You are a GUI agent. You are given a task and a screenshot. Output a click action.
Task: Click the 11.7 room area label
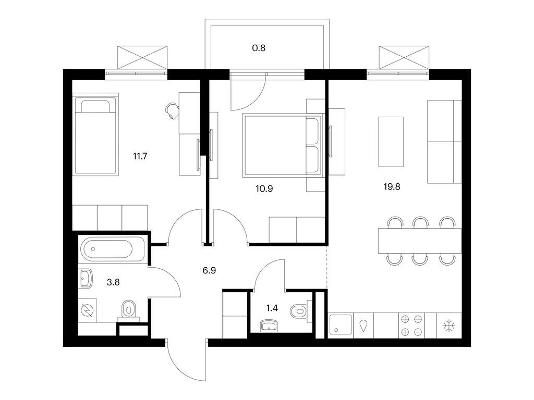point(140,156)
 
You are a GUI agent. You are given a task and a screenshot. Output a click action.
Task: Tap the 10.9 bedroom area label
point(264,189)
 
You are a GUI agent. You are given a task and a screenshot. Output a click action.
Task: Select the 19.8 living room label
point(392,187)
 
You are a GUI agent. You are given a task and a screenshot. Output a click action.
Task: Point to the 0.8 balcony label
point(259,48)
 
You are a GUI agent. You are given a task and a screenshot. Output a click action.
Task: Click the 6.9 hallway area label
point(209,271)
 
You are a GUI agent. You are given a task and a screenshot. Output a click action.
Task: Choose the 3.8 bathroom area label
point(113,282)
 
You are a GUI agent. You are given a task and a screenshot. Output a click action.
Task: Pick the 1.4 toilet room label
point(272,308)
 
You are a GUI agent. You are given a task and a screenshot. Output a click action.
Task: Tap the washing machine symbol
point(87,310)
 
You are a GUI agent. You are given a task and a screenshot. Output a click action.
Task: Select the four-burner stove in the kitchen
point(411,326)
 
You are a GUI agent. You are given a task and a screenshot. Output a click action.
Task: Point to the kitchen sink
point(340,326)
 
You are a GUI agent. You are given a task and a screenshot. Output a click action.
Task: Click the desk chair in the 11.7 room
point(172,110)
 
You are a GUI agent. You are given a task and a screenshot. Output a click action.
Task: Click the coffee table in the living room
point(391,142)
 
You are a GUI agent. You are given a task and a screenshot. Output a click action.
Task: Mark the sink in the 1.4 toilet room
point(270,326)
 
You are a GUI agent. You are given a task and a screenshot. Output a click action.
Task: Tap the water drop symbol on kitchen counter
point(363,326)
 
